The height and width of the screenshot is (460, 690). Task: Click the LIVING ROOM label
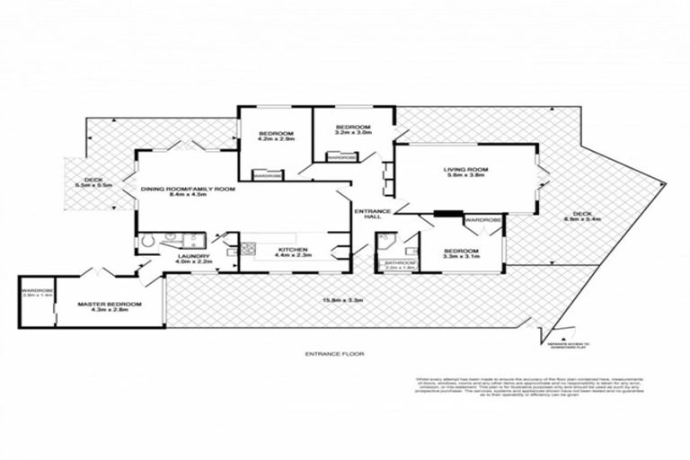(465, 170)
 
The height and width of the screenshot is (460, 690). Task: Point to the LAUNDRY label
(193, 256)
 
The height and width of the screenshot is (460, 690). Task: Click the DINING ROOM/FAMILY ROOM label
(188, 190)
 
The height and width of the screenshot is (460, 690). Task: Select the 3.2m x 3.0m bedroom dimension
(353, 134)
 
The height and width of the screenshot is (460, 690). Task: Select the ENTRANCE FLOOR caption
(333, 355)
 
